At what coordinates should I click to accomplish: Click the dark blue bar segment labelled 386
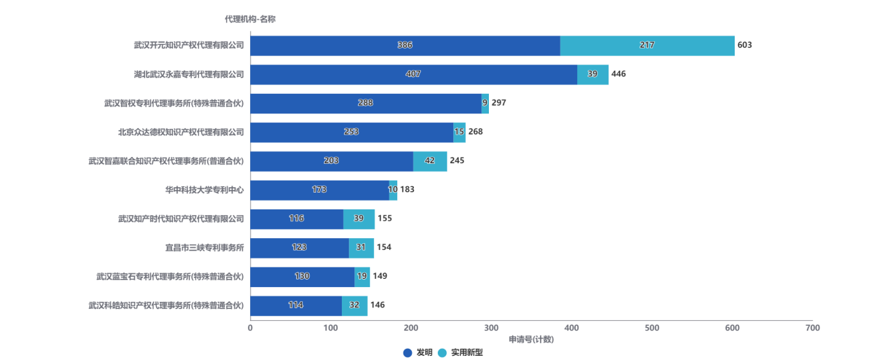coord(405,46)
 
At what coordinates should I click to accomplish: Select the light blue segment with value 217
coord(647,46)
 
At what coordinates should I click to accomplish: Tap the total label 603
coord(745,46)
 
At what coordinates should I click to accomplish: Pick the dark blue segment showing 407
coord(413,74)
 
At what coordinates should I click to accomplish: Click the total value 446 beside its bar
coord(619,74)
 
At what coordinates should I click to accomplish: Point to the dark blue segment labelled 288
coord(366,103)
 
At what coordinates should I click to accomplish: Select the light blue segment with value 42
coord(430,161)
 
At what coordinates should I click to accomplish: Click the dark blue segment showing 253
coord(352,132)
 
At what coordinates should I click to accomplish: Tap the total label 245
coord(457,161)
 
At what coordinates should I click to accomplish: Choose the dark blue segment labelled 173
coord(319,190)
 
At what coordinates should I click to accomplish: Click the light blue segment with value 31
coord(361,248)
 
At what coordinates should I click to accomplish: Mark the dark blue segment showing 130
coord(302,277)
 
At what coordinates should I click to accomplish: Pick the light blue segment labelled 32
coord(354,305)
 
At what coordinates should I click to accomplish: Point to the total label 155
coord(385,219)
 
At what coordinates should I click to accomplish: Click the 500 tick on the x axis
coord(652,328)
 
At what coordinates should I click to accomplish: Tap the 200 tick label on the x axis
coord(411,328)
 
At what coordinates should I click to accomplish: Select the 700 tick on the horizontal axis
coord(812,328)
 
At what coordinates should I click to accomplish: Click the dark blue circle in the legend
coord(408,353)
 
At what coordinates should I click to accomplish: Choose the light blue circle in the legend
coord(442,353)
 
